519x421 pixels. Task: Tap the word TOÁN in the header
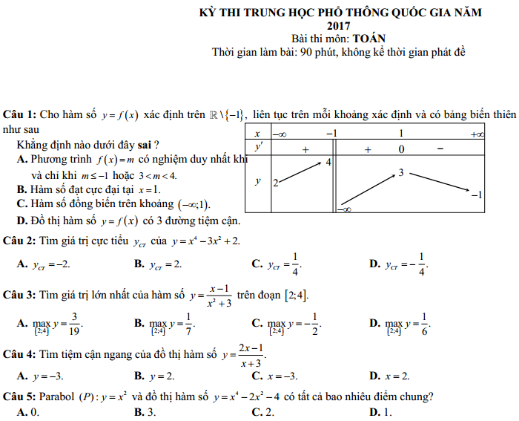click(x=368, y=38)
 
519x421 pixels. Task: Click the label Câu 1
click(x=19, y=115)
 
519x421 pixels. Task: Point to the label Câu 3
click(x=19, y=295)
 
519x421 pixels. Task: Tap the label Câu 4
click(x=19, y=350)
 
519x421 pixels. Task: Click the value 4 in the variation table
click(x=328, y=162)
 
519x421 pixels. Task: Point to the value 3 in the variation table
click(x=400, y=173)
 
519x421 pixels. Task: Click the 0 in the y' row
click(x=401, y=149)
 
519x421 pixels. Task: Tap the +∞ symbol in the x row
click(x=477, y=134)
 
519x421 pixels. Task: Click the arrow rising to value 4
click(x=300, y=172)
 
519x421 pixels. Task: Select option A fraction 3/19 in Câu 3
click(x=75, y=323)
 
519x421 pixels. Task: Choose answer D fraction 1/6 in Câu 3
click(x=425, y=323)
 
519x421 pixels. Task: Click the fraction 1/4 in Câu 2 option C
click(x=294, y=264)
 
